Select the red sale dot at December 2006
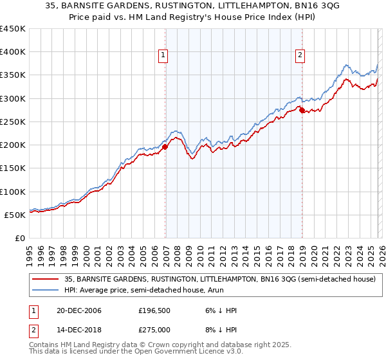(x=165, y=147)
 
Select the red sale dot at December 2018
(x=302, y=110)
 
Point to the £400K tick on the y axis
(x=13, y=52)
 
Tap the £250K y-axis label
(x=13, y=122)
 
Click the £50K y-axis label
(x=15, y=215)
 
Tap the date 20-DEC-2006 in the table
(x=75, y=310)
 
